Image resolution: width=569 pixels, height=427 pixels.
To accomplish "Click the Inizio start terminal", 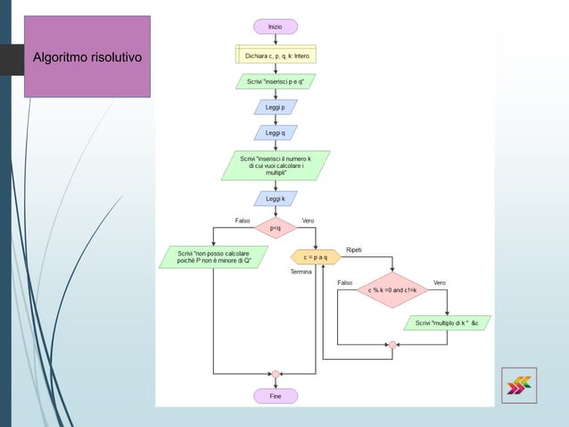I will coord(276,27).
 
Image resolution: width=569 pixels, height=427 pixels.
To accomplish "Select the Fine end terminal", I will coord(276,396).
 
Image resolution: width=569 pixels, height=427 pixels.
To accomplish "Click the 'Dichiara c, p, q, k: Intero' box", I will coord(276,55).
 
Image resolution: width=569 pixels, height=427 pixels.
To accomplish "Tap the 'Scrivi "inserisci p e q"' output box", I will coord(276,82).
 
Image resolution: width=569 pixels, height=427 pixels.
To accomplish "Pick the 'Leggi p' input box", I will coord(276,107).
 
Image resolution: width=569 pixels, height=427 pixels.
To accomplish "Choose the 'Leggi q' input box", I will coord(276,132).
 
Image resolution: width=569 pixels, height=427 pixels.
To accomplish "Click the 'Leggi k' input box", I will coord(276,198).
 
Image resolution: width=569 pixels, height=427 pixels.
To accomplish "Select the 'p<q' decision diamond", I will coord(276,229).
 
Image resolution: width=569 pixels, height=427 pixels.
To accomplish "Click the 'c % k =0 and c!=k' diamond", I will coord(392,290).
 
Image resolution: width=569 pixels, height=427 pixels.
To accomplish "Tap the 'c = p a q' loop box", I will coord(316,257).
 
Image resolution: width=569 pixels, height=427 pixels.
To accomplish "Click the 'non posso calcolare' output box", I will coord(214,257).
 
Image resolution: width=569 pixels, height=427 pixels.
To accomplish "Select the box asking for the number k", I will coord(276,165).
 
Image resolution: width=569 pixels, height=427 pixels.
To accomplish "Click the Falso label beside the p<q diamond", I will coord(242,220).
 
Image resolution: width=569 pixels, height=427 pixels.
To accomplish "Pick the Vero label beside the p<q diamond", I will coord(308,220).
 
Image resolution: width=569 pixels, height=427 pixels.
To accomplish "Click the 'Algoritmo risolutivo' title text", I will coord(87,59).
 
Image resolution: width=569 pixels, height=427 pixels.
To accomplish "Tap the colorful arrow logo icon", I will coord(518,385).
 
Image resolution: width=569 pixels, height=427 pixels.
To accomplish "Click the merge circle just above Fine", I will coord(276,373).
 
